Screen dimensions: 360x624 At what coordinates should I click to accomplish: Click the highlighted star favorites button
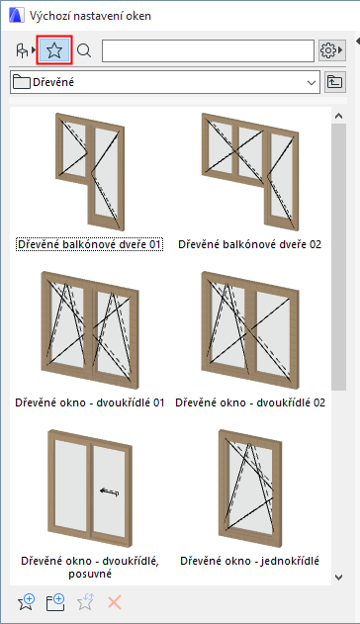point(54,50)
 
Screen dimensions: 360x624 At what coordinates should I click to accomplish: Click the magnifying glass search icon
point(84,50)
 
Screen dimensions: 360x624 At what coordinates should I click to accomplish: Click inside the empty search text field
point(208,50)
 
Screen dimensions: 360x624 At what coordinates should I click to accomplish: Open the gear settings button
point(331,50)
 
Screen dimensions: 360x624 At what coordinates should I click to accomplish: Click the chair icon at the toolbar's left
point(22,50)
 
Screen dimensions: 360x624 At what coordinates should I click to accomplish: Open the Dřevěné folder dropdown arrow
point(312,83)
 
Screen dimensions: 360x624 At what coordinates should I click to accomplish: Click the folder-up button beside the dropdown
point(335,82)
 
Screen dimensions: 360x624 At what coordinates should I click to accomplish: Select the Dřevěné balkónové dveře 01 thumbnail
point(90,172)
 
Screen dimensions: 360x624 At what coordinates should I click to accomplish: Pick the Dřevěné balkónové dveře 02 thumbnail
point(250,172)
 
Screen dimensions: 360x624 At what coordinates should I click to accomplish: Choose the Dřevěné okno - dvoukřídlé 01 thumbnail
point(90,330)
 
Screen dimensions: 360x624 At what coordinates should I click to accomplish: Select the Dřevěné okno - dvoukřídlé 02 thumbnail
point(250,330)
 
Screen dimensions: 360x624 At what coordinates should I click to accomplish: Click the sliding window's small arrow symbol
point(110,491)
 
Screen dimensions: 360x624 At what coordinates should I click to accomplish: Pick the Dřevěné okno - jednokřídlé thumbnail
point(250,489)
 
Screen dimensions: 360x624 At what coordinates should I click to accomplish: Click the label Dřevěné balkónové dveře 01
point(89,244)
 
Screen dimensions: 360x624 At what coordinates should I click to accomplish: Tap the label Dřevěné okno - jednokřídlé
point(250,561)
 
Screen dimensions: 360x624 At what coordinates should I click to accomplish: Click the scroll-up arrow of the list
point(339,117)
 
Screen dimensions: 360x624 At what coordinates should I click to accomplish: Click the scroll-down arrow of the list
point(339,578)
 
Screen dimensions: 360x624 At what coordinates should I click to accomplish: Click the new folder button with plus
point(55,602)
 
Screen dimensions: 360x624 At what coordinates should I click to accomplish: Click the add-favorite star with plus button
point(27,602)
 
